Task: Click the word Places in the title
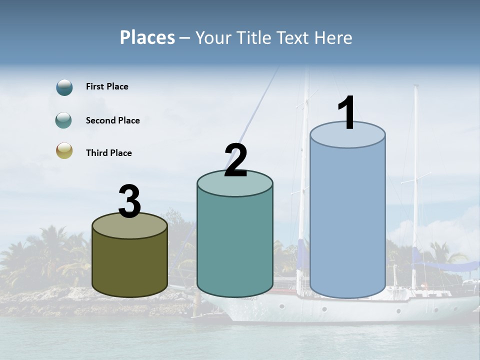pyautogui.click(x=147, y=37)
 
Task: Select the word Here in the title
pyautogui.click(x=333, y=37)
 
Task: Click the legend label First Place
pyautogui.click(x=107, y=86)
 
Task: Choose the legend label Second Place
pyautogui.click(x=112, y=120)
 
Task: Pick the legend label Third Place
pyautogui.click(x=108, y=153)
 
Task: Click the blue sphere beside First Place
pyautogui.click(x=64, y=87)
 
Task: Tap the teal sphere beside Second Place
pyautogui.click(x=64, y=120)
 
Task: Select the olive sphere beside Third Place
pyautogui.click(x=64, y=151)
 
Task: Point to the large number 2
pyautogui.click(x=235, y=160)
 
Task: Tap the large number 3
pyautogui.click(x=129, y=201)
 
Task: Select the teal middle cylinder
pyautogui.click(x=235, y=245)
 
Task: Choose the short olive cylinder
pyautogui.click(x=129, y=267)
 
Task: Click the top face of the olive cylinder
pyautogui.click(x=129, y=226)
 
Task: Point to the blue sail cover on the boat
pyautogui.click(x=445, y=265)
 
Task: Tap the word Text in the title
pyautogui.click(x=293, y=37)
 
